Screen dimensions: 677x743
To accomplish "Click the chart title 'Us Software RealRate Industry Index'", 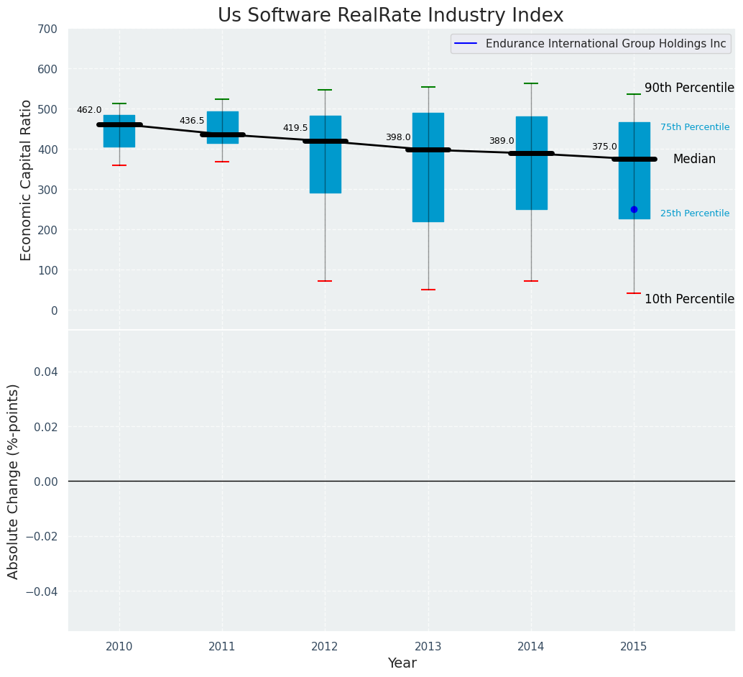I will [x=390, y=16].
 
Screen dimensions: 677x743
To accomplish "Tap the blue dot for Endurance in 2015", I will [x=634, y=209].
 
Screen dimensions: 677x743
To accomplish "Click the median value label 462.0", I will [x=89, y=110].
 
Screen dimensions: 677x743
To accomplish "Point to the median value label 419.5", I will [x=295, y=128].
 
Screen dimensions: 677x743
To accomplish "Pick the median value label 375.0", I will [x=604, y=147].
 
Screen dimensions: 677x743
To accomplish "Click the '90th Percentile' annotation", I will [x=688, y=88].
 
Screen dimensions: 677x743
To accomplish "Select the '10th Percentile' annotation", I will [x=688, y=299].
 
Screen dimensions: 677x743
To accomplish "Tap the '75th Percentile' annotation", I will [x=694, y=127].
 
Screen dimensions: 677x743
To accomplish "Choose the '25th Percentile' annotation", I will [x=694, y=213].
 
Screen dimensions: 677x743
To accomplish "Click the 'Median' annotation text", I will [x=693, y=159].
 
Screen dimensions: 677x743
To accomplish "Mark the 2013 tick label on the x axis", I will [x=428, y=647].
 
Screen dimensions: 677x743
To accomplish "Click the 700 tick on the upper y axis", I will [x=48, y=29].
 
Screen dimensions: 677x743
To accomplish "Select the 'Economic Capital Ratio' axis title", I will [x=26, y=180].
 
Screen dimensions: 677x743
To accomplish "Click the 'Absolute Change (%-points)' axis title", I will [x=14, y=481].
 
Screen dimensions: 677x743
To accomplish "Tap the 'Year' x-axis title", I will [x=402, y=663].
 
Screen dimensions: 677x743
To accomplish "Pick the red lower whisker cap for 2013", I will [x=428, y=290].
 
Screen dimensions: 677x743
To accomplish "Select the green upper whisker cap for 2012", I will [x=325, y=90].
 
